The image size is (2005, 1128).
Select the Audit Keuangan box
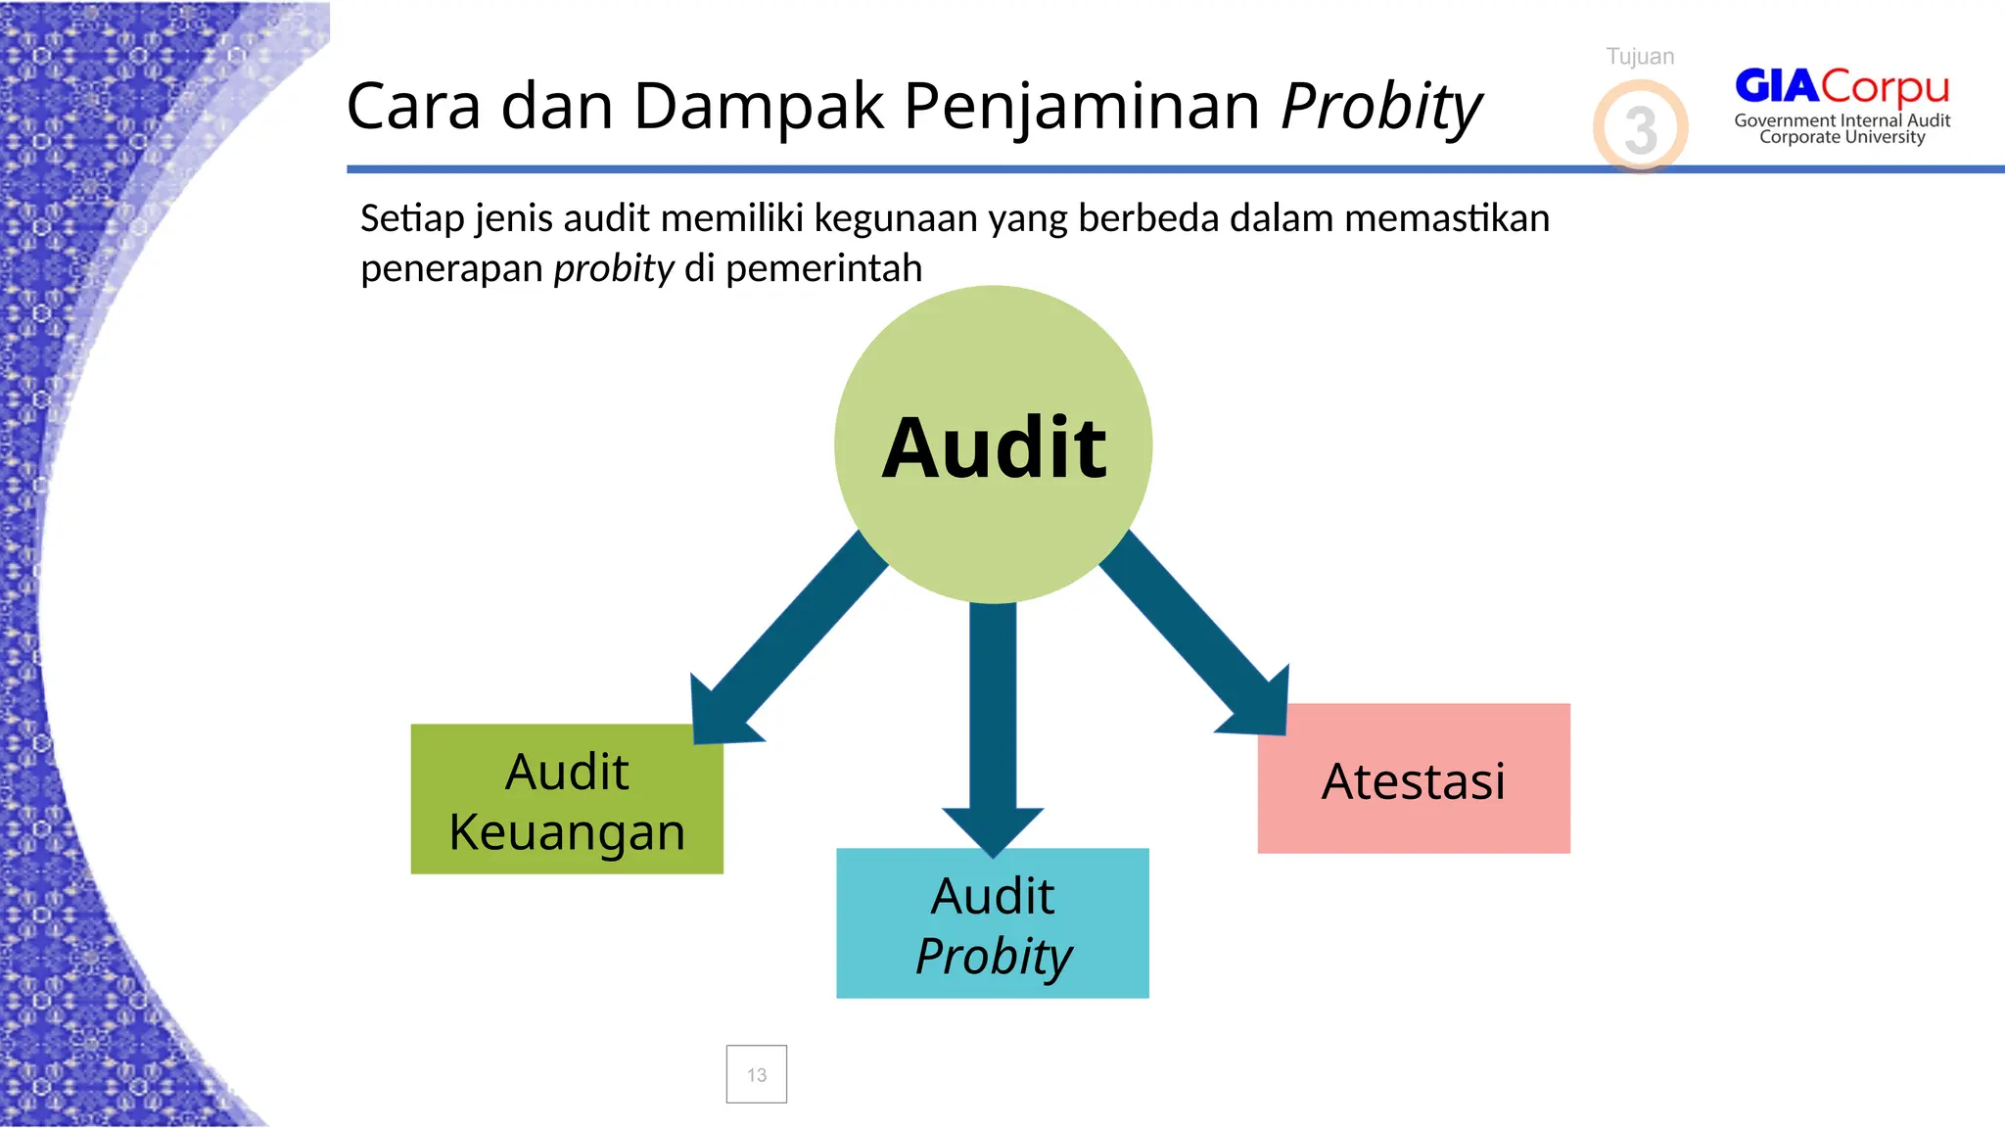pos(567,799)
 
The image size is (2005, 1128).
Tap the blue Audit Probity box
pos(993,923)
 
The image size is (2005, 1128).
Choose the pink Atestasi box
pos(1414,778)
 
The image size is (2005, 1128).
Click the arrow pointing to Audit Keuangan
pos(783,646)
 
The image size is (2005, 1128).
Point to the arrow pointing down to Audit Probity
pos(993,725)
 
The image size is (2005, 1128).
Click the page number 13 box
pos(757,1074)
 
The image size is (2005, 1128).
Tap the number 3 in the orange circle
pos(1641,129)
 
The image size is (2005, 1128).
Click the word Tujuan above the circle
pos(1641,57)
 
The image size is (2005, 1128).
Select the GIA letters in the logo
pos(1777,86)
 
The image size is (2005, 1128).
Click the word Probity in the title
pos(1381,106)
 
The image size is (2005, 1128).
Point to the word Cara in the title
pos(413,106)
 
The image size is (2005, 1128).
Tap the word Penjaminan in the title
pos(1081,106)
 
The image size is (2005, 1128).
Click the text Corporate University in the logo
pos(1842,137)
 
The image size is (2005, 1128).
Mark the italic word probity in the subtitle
pos(614,267)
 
